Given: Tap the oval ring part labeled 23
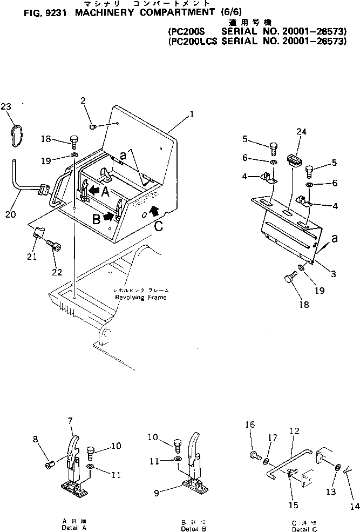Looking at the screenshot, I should coord(17,134).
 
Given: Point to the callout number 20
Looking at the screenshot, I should coord(10,214).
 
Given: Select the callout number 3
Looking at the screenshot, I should coord(333,274).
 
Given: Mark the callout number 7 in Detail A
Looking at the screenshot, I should coord(70,421).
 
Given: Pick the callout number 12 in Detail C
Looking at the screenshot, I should coord(294,431).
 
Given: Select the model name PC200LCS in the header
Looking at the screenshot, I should coord(192,41).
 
